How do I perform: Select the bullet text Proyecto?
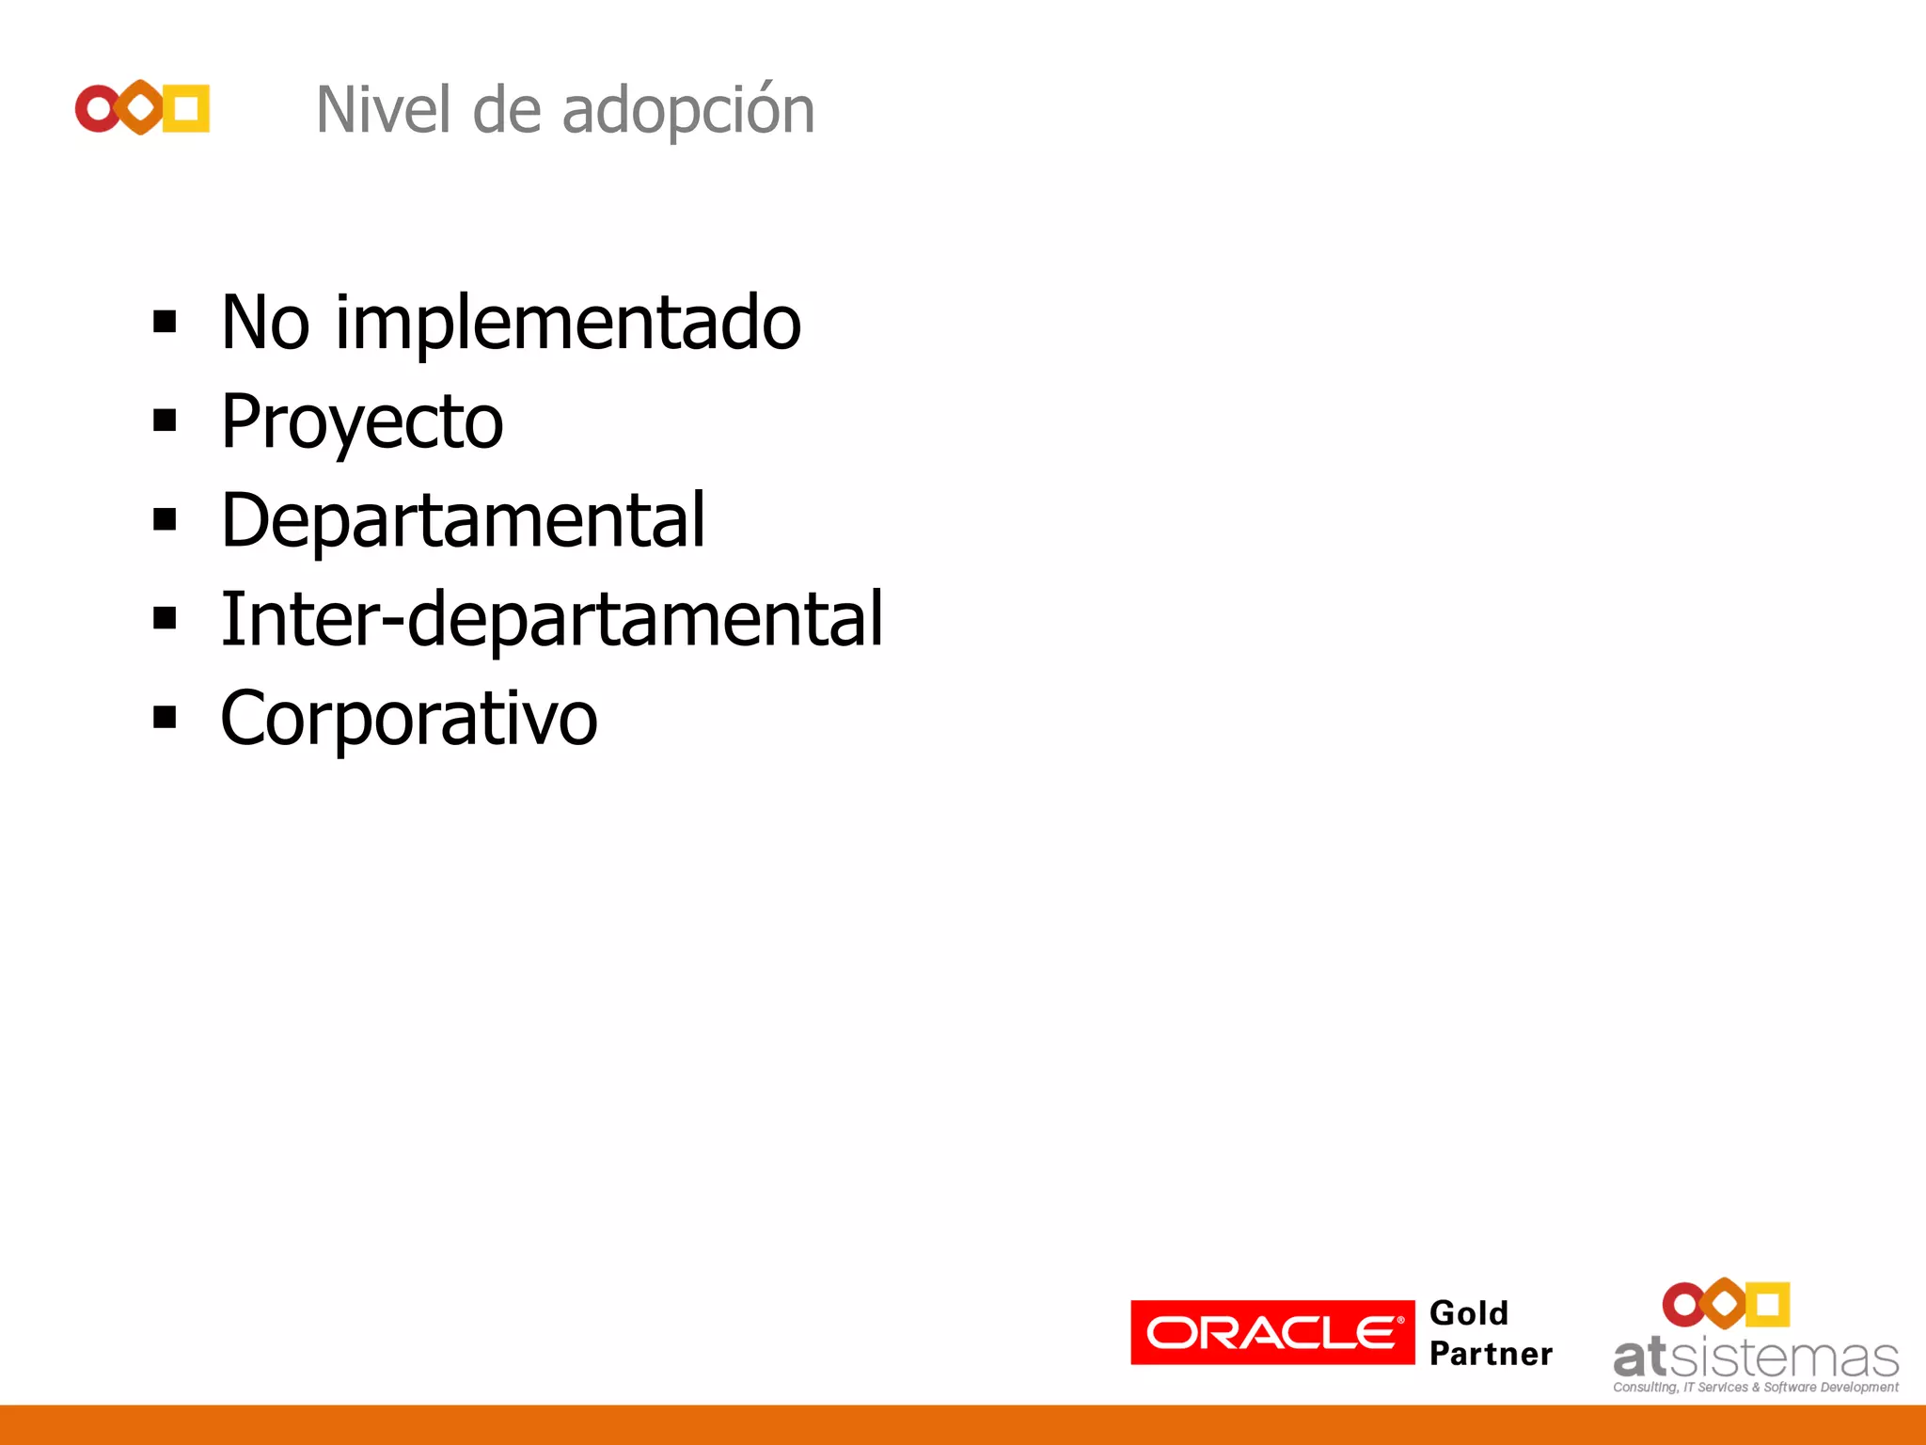pos(362,421)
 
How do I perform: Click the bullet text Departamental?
pos(463,519)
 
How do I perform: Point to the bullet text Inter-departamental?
pos(551,619)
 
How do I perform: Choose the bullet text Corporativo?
pos(408,719)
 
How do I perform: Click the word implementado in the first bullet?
pos(568,323)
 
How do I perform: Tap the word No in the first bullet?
pos(264,323)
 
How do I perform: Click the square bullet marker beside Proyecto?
pos(165,421)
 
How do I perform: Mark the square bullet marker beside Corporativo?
pos(165,718)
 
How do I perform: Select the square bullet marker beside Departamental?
pos(165,519)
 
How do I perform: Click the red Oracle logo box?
pos(1271,1332)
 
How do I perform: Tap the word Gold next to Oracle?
pos(1468,1313)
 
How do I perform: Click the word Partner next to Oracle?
pos(1491,1355)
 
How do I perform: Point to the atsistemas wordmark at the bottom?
pos(1755,1358)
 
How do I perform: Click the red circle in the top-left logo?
pos(97,109)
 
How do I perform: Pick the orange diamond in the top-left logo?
pos(141,108)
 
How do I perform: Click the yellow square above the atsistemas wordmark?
pos(1767,1304)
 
